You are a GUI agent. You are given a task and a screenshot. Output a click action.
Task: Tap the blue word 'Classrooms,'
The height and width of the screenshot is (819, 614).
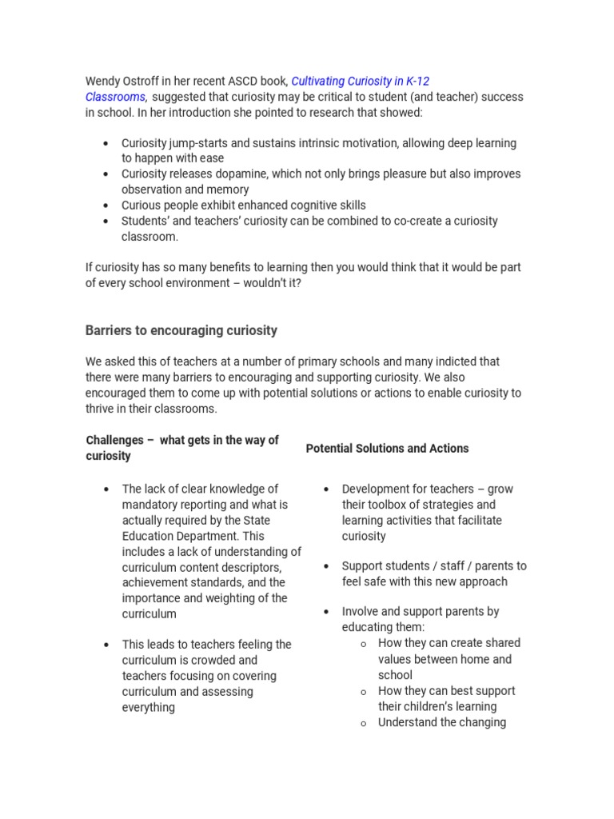(x=116, y=97)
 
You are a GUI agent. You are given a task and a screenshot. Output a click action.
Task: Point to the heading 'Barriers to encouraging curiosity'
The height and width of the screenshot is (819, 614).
(x=181, y=330)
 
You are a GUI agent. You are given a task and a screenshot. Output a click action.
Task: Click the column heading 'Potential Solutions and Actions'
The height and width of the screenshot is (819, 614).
(x=387, y=449)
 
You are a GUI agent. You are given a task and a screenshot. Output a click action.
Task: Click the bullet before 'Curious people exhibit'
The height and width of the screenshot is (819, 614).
(x=106, y=206)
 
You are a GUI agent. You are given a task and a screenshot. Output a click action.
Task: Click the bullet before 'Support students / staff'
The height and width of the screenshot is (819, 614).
(x=326, y=566)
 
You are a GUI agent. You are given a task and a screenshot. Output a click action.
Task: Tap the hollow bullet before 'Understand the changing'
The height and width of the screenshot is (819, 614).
(x=363, y=723)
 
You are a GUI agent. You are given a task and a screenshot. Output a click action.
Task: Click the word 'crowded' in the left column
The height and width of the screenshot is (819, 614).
(x=236, y=661)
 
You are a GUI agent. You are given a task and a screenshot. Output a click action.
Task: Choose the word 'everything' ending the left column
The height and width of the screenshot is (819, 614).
(x=149, y=707)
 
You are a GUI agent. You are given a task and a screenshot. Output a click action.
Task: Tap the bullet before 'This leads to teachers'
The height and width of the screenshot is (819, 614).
(x=106, y=645)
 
